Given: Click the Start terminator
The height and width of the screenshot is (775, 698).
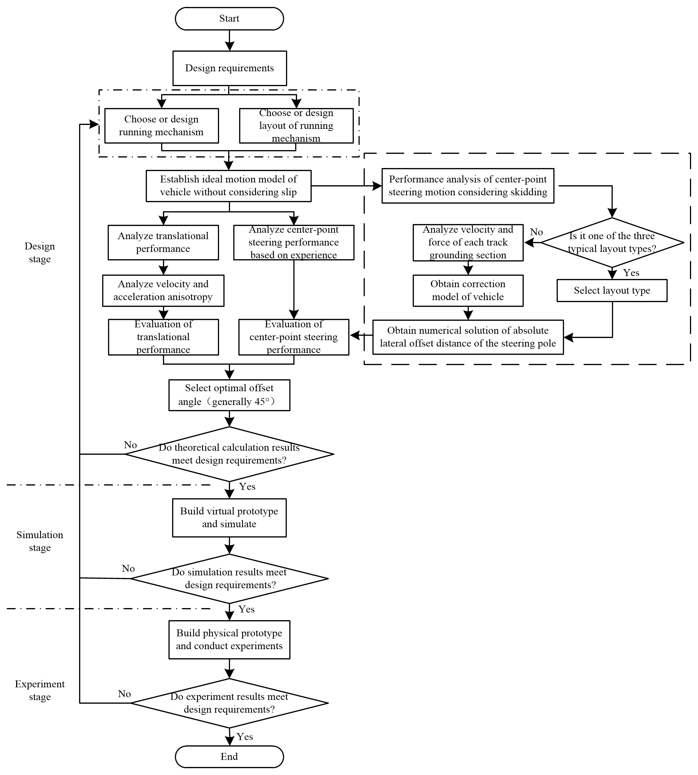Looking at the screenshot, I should click(x=229, y=18).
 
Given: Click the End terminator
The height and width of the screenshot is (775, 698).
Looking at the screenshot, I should click(x=229, y=756).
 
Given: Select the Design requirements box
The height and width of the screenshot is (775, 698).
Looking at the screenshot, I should click(x=229, y=68).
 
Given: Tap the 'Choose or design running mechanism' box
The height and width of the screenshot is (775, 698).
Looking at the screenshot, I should click(x=161, y=125).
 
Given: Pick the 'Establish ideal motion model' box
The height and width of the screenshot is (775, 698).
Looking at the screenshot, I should click(x=229, y=186).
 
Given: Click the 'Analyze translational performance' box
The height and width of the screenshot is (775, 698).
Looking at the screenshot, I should click(x=163, y=242).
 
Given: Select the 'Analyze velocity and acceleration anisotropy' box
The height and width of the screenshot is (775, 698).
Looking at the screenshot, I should click(x=163, y=290).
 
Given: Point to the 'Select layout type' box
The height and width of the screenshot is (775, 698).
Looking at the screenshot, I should click(x=612, y=290).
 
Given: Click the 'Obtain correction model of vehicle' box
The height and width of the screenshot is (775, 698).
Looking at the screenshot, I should click(x=468, y=290).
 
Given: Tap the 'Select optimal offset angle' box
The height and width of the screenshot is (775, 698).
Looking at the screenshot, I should click(x=229, y=395).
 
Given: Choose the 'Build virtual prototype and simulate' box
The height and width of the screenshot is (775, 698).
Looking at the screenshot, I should click(x=229, y=517).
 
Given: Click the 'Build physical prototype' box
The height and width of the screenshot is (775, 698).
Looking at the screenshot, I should click(x=229, y=639).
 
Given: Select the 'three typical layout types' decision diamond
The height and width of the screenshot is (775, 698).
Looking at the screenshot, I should click(x=612, y=242).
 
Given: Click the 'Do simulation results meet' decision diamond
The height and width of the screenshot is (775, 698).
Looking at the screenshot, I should click(x=229, y=578).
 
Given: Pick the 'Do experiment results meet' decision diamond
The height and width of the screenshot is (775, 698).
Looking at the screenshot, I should click(x=229, y=703).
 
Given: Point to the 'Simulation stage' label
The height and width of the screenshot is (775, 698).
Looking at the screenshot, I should click(x=40, y=541).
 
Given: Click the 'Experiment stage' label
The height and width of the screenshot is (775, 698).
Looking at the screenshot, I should click(x=40, y=690).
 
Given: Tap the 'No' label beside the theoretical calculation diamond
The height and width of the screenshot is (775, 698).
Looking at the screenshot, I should click(x=130, y=445).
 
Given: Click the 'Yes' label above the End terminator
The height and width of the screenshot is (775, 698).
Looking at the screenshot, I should click(x=245, y=737).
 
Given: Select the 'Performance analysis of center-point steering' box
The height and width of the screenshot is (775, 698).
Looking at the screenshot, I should click(x=468, y=186).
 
